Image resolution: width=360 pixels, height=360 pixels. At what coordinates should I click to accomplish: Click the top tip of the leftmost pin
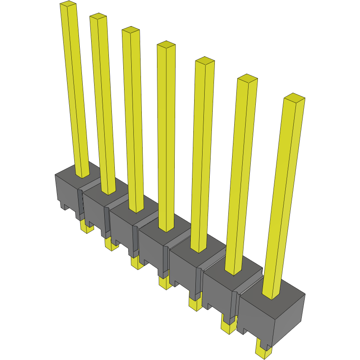(68, 4)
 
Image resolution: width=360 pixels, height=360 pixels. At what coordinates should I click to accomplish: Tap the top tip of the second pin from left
(98, 16)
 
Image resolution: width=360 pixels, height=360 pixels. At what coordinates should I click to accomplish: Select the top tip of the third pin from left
(130, 30)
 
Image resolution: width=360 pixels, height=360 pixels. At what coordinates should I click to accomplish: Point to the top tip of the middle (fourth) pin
(166, 44)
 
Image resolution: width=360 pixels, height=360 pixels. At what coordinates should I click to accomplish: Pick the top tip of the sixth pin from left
(247, 78)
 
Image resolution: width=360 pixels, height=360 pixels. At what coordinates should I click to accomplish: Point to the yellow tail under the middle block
(165, 283)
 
